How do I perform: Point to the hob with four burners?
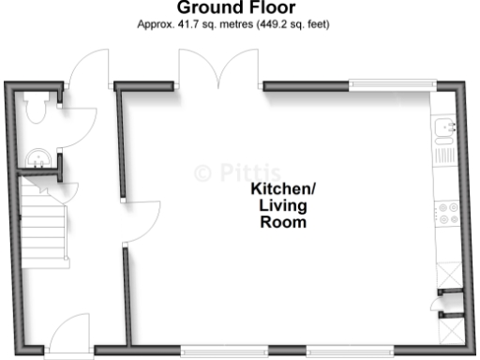tap(445, 213)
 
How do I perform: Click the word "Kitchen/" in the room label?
tap(283, 188)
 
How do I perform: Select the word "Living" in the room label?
tap(283, 206)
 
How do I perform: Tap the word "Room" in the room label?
tap(283, 224)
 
